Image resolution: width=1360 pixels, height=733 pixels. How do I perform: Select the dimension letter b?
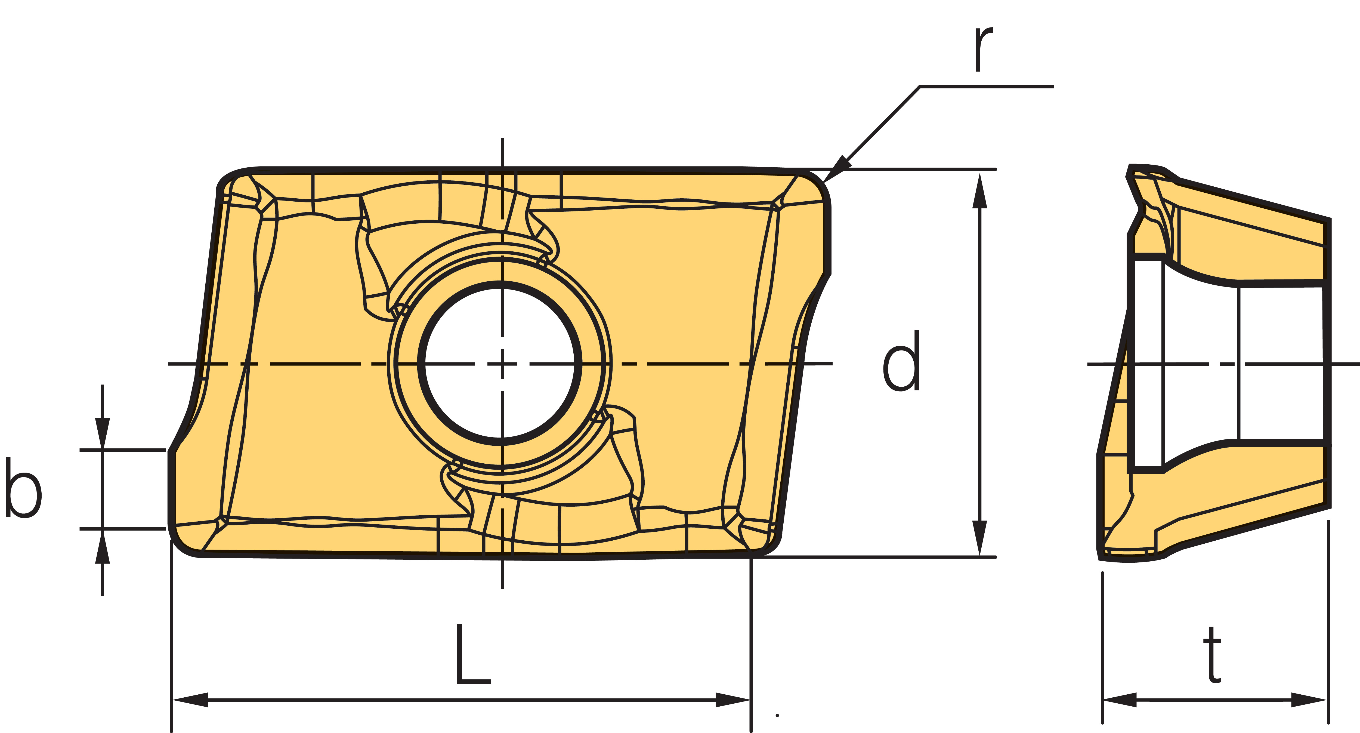point(23,487)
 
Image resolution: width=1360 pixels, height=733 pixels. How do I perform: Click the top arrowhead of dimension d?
point(979,190)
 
